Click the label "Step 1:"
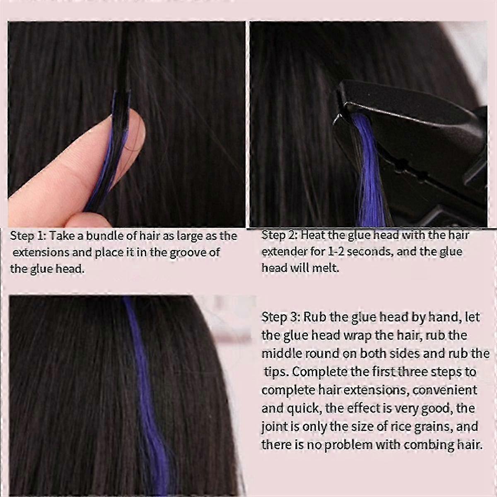pyautogui.click(x=28, y=236)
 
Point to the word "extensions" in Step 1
pyautogui.click(x=41, y=252)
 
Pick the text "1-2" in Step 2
pyautogui.click(x=336, y=252)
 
